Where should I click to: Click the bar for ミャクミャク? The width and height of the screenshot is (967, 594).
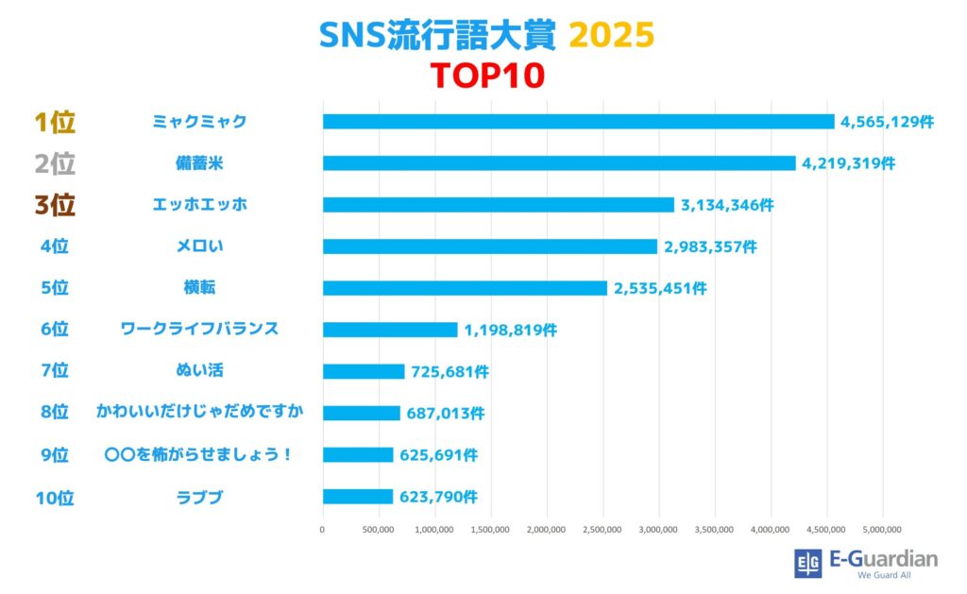(x=578, y=122)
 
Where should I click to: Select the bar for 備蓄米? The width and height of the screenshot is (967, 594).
(x=559, y=163)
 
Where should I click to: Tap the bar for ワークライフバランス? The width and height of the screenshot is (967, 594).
(x=390, y=330)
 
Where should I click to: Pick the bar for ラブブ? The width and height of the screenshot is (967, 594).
(x=358, y=496)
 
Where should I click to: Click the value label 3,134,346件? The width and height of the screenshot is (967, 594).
(x=725, y=205)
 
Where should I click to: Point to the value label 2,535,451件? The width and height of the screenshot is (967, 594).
(x=659, y=288)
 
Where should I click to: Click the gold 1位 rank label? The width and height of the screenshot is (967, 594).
(x=54, y=122)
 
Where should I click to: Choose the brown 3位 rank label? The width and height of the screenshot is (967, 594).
(x=54, y=205)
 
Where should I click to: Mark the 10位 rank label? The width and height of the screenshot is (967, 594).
(x=54, y=497)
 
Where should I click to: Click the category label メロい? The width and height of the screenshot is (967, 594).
(x=199, y=246)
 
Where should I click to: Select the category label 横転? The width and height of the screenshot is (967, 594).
(x=199, y=288)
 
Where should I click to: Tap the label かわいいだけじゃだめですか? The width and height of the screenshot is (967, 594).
(x=199, y=413)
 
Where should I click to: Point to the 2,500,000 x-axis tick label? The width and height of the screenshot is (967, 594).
(x=602, y=530)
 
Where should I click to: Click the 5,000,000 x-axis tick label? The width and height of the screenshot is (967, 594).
(x=882, y=530)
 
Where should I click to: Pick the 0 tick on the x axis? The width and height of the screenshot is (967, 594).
(x=323, y=530)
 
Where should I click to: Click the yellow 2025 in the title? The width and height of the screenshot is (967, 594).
(x=611, y=35)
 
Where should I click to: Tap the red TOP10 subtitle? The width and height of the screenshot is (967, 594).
(x=487, y=76)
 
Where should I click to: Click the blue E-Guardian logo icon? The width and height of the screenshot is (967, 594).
(x=808, y=563)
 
